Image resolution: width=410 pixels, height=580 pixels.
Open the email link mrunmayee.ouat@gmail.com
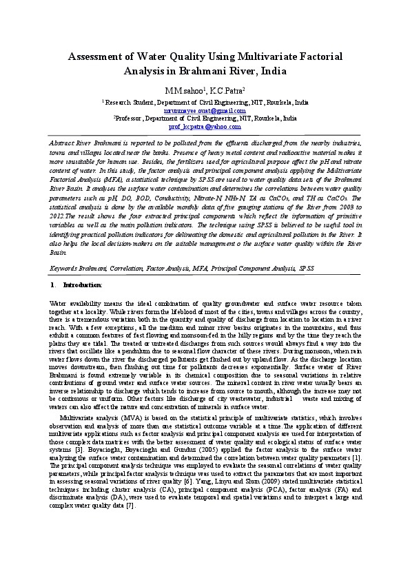pos(205,110)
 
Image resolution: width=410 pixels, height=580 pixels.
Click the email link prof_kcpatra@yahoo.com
pos(205,127)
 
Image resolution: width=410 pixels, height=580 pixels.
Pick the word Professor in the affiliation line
pos(129,118)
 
